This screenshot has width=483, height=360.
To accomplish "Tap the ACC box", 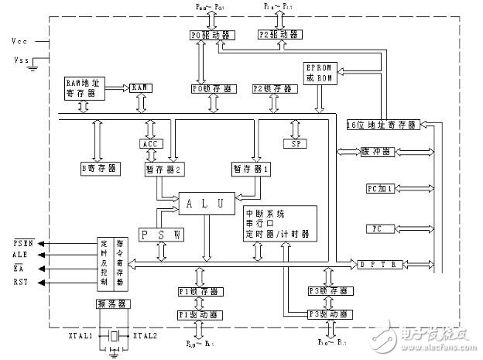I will pyautogui.click(x=150, y=144).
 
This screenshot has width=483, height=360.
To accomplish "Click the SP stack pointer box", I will pyautogui.click(x=294, y=144).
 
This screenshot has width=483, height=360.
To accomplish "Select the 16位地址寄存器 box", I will pyautogui.click(x=382, y=124).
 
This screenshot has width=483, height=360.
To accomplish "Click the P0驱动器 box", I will pyautogui.click(x=206, y=34).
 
